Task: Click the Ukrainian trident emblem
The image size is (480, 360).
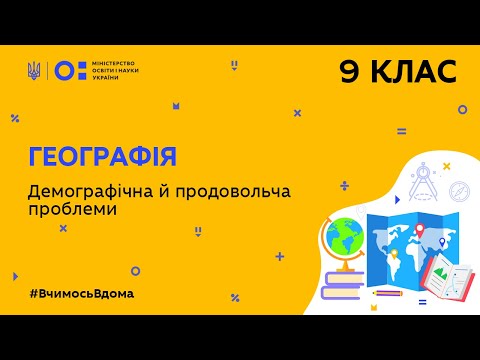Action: (x=34, y=70)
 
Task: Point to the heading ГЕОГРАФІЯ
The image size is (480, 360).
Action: (x=102, y=156)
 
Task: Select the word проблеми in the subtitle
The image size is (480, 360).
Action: (x=72, y=210)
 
